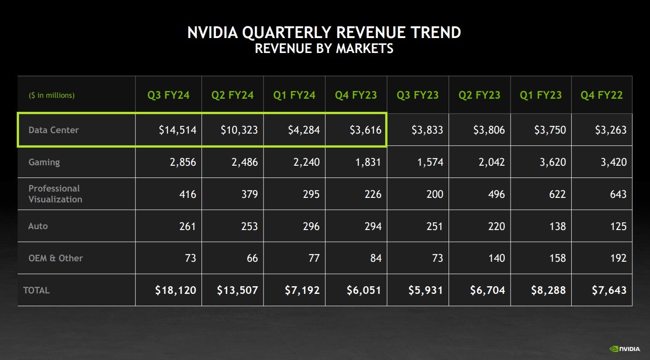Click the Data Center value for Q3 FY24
[x=177, y=130]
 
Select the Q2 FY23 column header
[x=479, y=95]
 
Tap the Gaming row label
[x=44, y=162]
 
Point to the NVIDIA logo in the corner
[x=625, y=349]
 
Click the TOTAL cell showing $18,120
[x=175, y=290]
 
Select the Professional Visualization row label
[x=55, y=194]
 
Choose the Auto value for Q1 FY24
[x=311, y=226]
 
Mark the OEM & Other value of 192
[x=618, y=258]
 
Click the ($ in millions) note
[x=52, y=95]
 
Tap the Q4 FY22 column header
[x=602, y=95]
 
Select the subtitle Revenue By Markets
[x=324, y=48]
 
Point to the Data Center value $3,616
[x=365, y=130]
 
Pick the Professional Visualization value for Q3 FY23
[x=434, y=194]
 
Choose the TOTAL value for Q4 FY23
[x=364, y=290]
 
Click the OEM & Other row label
[x=55, y=258]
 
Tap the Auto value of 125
[x=618, y=226]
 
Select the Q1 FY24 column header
[x=294, y=95]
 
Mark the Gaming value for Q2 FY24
[x=244, y=162]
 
